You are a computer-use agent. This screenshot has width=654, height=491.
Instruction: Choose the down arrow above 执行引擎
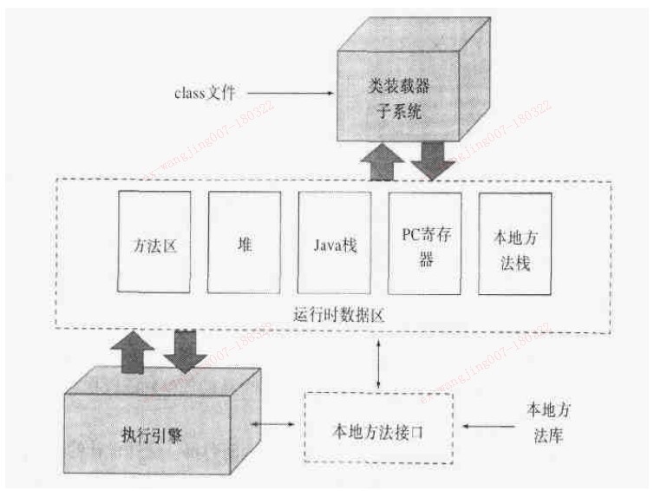[x=185, y=350]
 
